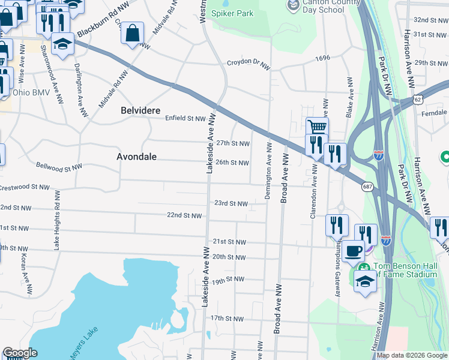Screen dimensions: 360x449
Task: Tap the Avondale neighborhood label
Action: (136, 157)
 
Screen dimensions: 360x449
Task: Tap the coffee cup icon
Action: (354, 250)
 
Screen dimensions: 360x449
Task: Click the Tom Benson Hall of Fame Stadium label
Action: (405, 270)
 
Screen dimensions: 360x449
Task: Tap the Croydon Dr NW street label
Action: (249, 62)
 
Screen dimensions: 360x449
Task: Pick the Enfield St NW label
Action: (185, 119)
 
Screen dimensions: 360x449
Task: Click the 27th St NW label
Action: (232, 143)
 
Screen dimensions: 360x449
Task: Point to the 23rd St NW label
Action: (231, 203)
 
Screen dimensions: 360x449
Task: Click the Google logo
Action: (19, 353)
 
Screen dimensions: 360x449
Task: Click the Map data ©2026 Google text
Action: (412, 355)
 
